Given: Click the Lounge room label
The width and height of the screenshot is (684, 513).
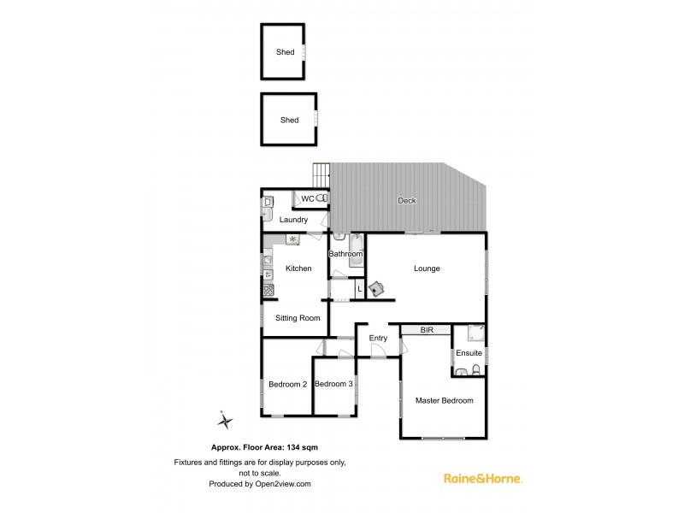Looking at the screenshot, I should coord(427,268).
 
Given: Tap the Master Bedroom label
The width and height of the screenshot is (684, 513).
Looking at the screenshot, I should coord(444,400).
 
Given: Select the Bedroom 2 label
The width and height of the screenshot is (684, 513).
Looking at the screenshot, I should coord(287,384).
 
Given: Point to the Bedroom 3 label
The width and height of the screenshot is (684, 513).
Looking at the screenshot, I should coord(333,384).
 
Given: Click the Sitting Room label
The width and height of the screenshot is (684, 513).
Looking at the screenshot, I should coord(298,318).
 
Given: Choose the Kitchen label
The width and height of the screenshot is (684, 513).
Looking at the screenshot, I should coord(298,268).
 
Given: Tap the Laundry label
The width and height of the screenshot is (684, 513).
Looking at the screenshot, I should coord(293,220).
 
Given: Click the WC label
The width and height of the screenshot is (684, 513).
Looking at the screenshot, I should coord(307,198).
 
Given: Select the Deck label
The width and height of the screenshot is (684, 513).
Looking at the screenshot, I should coord(407,201).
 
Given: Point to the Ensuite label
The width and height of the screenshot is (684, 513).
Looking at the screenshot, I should coord(469,353).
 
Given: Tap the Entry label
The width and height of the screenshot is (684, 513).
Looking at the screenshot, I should coord(378,338).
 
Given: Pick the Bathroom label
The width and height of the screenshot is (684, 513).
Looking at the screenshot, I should coord(346,254).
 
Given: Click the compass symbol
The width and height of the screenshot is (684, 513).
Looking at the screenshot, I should coord(224,421).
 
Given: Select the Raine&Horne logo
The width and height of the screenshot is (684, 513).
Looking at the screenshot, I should coord(483,478).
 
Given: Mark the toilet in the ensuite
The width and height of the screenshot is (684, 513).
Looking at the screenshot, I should coord(476,371).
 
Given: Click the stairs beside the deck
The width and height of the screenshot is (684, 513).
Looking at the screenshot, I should coord(321,175).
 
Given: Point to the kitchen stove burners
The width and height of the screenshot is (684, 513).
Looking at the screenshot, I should coord(268,291).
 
